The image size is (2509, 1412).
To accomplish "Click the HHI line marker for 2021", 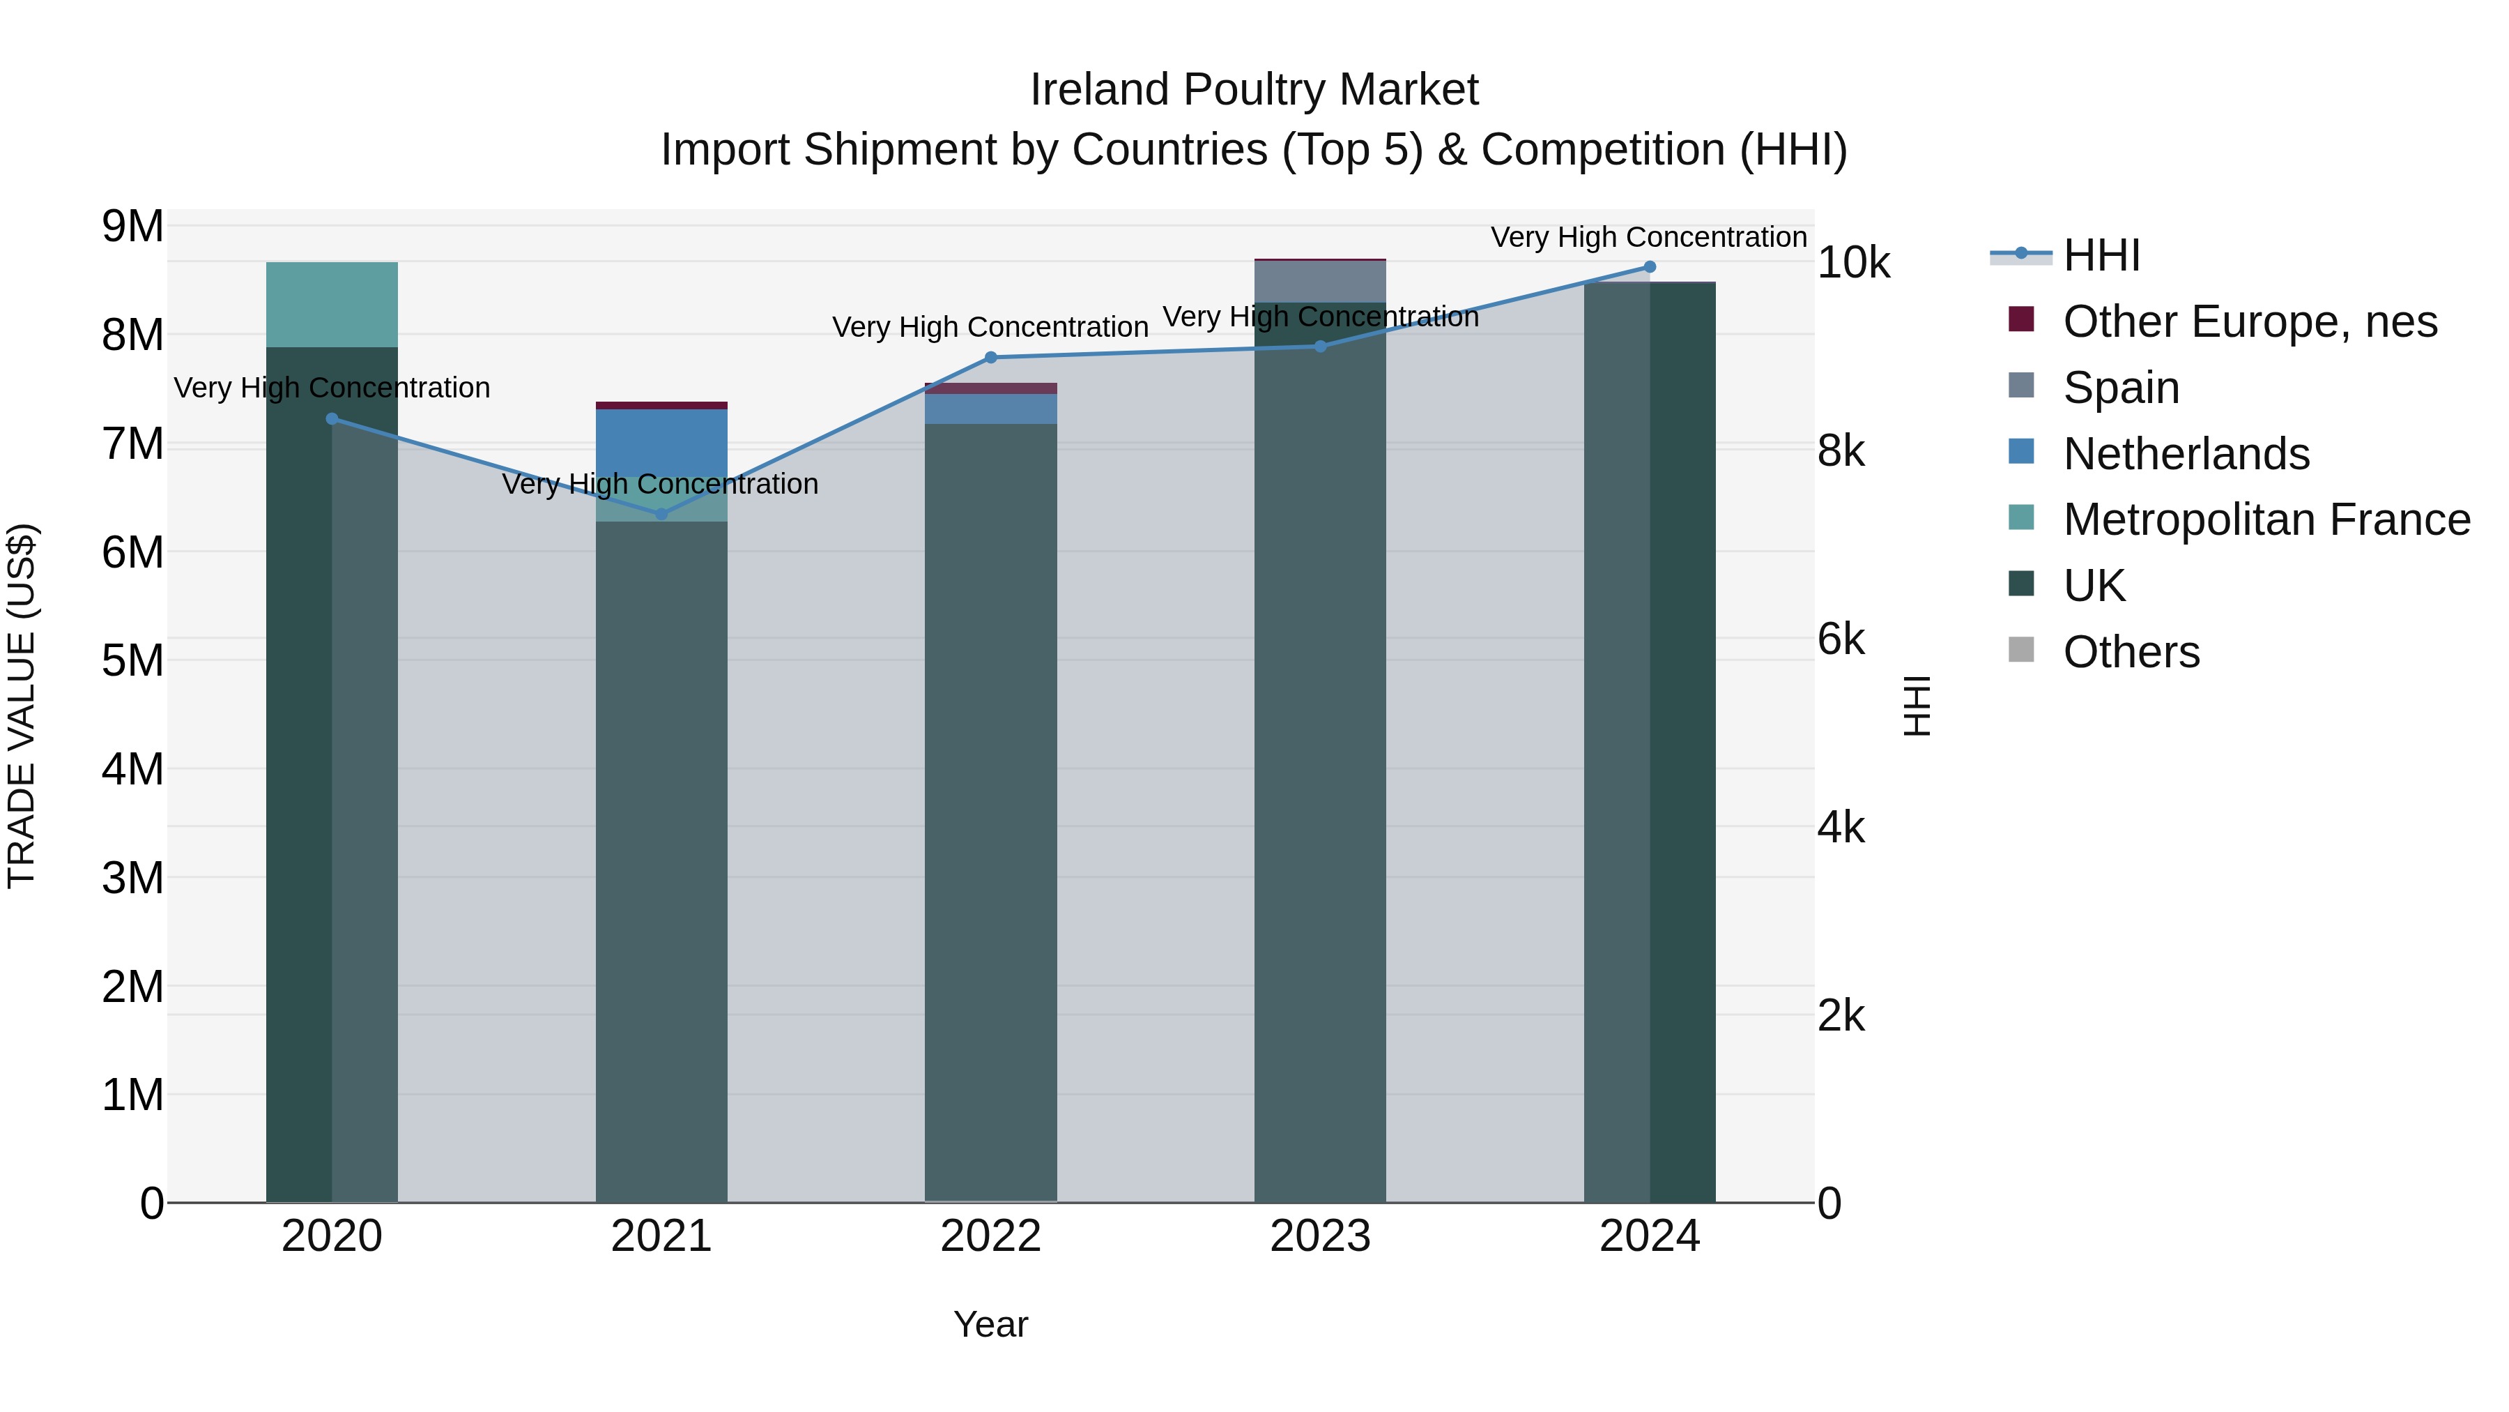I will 661,513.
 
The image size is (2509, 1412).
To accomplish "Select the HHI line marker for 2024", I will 1649,267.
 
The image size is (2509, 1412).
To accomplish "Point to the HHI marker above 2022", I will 990,358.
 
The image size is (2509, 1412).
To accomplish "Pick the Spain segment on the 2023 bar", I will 1320,282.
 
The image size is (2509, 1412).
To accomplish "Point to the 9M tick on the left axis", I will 132,226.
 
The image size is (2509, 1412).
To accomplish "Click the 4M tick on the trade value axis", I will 132,769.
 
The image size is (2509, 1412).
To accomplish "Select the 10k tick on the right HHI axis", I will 1852,262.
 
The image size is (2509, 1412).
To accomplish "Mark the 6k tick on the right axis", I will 1841,639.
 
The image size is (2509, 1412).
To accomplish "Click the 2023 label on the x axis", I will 1320,1236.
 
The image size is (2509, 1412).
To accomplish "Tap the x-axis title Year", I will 990,1324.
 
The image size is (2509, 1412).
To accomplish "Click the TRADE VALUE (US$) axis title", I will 22,706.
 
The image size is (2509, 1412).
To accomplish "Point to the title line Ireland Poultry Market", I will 1254,90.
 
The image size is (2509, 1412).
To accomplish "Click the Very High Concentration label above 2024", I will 1648,237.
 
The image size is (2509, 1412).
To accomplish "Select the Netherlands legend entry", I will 2186,454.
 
